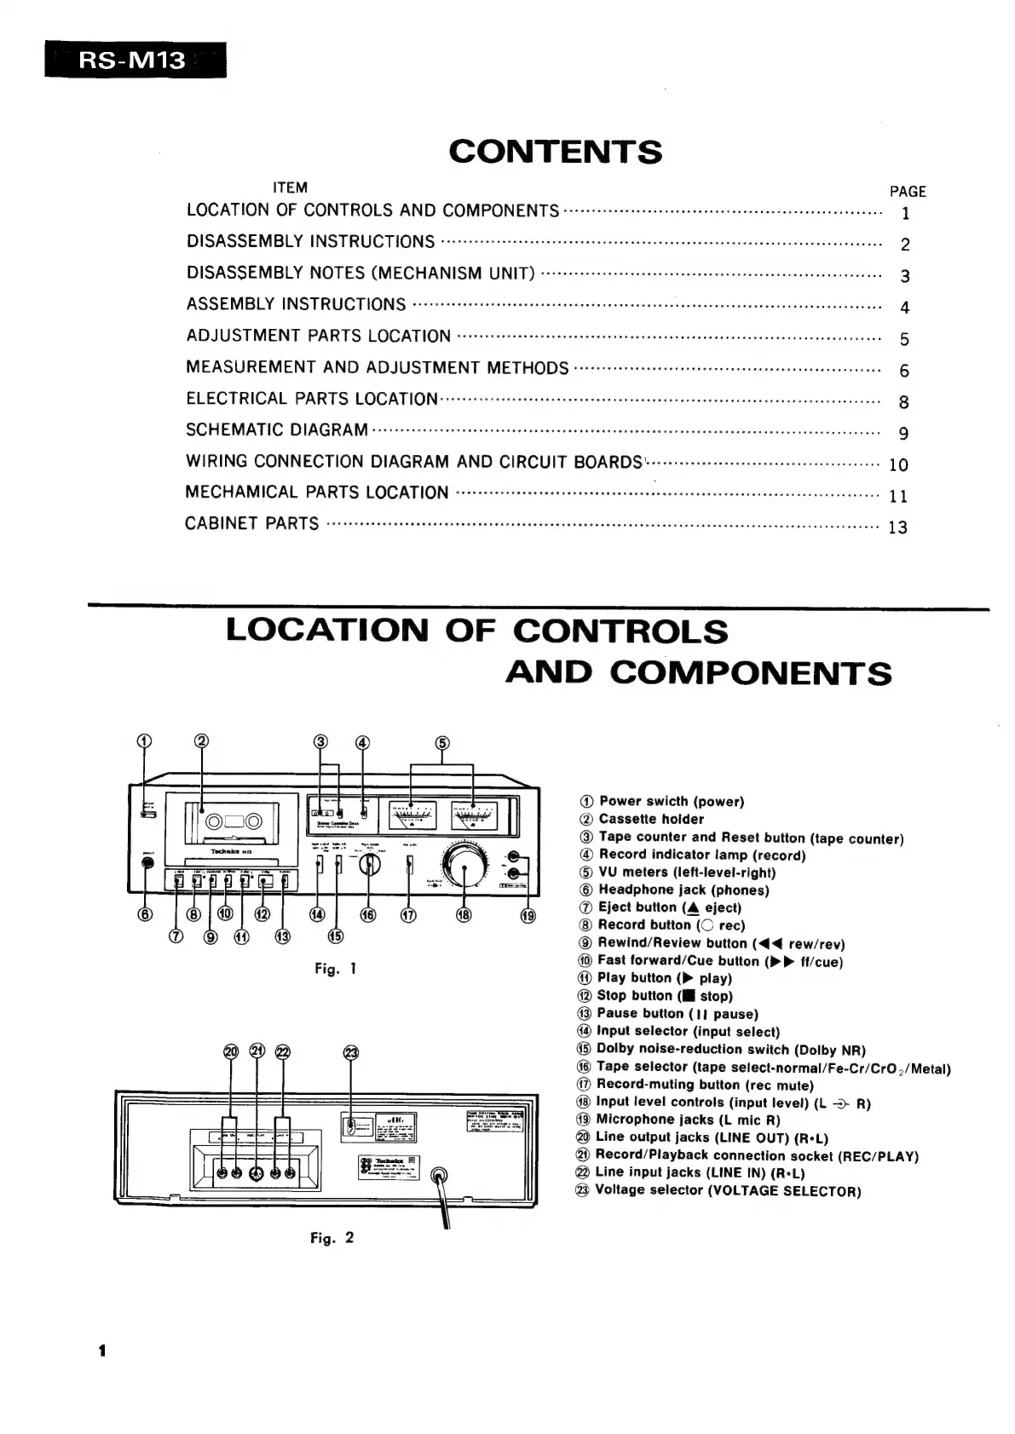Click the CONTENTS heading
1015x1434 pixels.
(x=555, y=152)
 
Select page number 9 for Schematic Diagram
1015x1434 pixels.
(x=903, y=434)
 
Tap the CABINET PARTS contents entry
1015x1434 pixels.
(x=251, y=523)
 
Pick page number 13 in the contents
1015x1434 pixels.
(x=898, y=527)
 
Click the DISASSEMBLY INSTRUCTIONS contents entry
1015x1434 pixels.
(x=310, y=241)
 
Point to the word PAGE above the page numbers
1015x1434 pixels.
(x=908, y=192)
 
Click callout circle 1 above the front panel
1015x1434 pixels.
(x=145, y=740)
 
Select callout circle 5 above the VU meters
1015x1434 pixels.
(x=442, y=742)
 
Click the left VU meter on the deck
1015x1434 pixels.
(x=412, y=816)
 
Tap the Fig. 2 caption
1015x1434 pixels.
(x=332, y=1238)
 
